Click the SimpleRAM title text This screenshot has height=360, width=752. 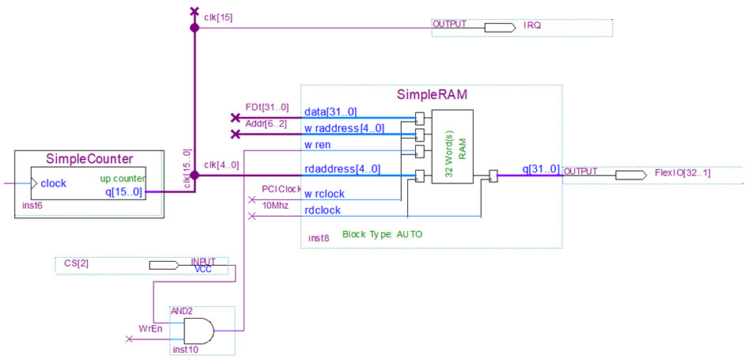431,95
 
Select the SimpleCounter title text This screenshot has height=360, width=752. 89,158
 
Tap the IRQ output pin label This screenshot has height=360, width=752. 532,26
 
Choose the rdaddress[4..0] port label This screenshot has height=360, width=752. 342,169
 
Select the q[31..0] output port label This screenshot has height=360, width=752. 541,169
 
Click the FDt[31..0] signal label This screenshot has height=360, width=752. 267,108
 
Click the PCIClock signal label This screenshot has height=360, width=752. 282,189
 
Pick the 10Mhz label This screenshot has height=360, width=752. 275,205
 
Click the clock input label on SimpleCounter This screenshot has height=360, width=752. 53,184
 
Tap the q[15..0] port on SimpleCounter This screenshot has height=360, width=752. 123,191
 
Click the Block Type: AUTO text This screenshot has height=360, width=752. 382,235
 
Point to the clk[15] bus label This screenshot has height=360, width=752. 217,16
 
